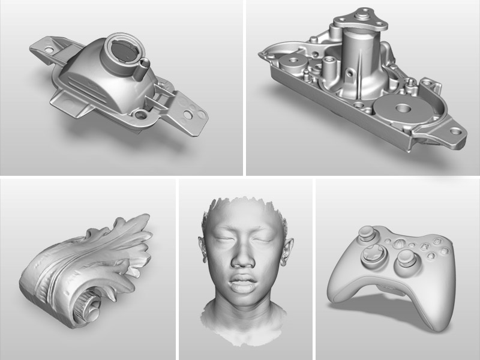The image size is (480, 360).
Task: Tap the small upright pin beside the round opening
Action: coord(144,63)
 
